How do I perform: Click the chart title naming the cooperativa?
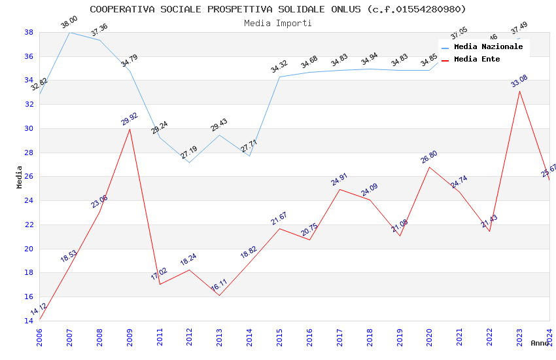click(x=278, y=9)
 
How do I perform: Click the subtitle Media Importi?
click(x=278, y=23)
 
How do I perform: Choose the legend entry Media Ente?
click(x=477, y=60)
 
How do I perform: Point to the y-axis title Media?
click(x=20, y=176)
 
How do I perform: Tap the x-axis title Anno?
click(x=540, y=343)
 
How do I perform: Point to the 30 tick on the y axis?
click(x=29, y=128)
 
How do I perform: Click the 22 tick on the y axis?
click(x=29, y=225)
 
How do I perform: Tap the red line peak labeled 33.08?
click(x=519, y=91)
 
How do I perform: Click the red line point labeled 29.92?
click(x=130, y=129)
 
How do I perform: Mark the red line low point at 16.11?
click(x=219, y=295)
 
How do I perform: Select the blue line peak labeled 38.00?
click(x=69, y=32)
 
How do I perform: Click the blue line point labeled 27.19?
click(x=189, y=162)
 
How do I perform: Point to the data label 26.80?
click(x=429, y=157)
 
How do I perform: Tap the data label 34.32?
click(x=279, y=67)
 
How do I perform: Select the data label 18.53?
click(x=69, y=256)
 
